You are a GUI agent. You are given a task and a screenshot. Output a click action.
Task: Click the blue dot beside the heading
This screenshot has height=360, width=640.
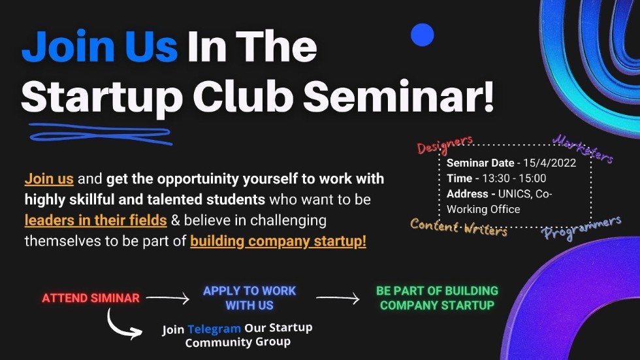click(x=422, y=35)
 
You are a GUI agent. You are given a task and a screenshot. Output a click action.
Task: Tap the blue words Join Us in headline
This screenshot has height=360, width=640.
click(x=99, y=47)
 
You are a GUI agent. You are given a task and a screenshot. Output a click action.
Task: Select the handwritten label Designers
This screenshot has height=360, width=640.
click(x=444, y=144)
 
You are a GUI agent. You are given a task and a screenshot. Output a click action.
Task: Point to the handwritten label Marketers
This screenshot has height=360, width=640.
click(x=583, y=149)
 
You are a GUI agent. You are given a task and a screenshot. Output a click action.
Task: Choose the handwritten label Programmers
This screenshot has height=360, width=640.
click(x=581, y=228)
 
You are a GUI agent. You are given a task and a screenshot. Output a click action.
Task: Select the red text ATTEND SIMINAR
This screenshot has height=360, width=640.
click(x=91, y=298)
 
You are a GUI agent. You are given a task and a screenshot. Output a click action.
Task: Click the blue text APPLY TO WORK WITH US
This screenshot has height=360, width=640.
click(x=249, y=298)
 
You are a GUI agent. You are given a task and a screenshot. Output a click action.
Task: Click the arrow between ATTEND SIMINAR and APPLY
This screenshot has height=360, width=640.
click(x=168, y=299)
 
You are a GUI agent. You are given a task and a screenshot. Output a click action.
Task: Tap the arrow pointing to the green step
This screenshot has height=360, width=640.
click(x=338, y=299)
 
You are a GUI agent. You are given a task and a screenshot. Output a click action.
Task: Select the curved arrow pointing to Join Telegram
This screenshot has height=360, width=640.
click(x=122, y=325)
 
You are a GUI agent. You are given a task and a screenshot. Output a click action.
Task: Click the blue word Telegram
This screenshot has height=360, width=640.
click(x=214, y=329)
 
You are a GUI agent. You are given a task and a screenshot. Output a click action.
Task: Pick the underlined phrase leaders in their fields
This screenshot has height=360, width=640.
click(x=95, y=220)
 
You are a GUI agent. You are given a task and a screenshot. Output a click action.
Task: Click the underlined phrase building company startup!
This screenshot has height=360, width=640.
click(x=278, y=241)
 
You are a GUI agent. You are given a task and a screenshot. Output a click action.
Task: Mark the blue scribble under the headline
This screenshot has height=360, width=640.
click(x=98, y=133)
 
